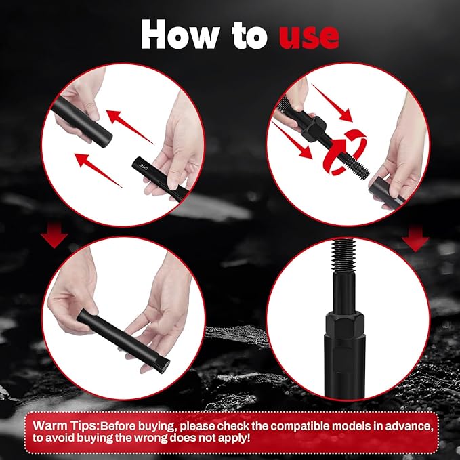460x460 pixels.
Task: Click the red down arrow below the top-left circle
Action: [x=55, y=237]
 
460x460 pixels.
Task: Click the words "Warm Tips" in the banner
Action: [x=60, y=425]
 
